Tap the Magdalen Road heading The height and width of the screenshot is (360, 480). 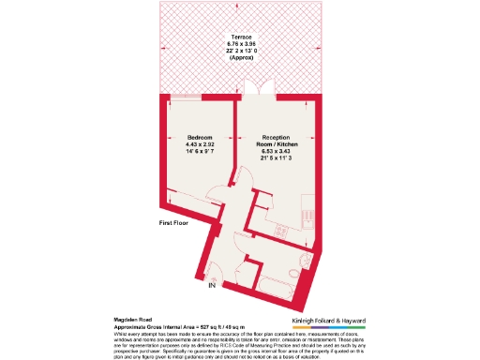tap(133, 320)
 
